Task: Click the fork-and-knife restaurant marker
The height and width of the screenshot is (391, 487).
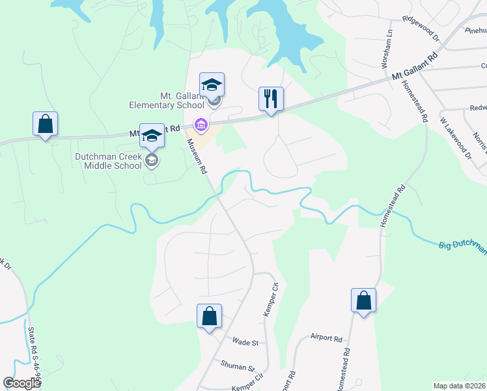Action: pos(271,99)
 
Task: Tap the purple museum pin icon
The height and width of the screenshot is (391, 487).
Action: pos(201,124)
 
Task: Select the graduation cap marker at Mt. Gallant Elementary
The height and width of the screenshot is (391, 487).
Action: pos(212,85)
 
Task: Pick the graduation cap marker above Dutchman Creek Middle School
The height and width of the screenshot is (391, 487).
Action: pos(152,136)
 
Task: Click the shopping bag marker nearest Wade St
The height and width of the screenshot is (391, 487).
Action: pos(209,317)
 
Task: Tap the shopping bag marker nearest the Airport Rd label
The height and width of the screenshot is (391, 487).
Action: pos(363,301)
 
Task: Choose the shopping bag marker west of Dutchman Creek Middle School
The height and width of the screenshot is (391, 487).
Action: pos(45,124)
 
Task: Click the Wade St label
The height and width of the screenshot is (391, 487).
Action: pos(246,342)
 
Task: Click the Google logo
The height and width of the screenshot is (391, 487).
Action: pos(22,383)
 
